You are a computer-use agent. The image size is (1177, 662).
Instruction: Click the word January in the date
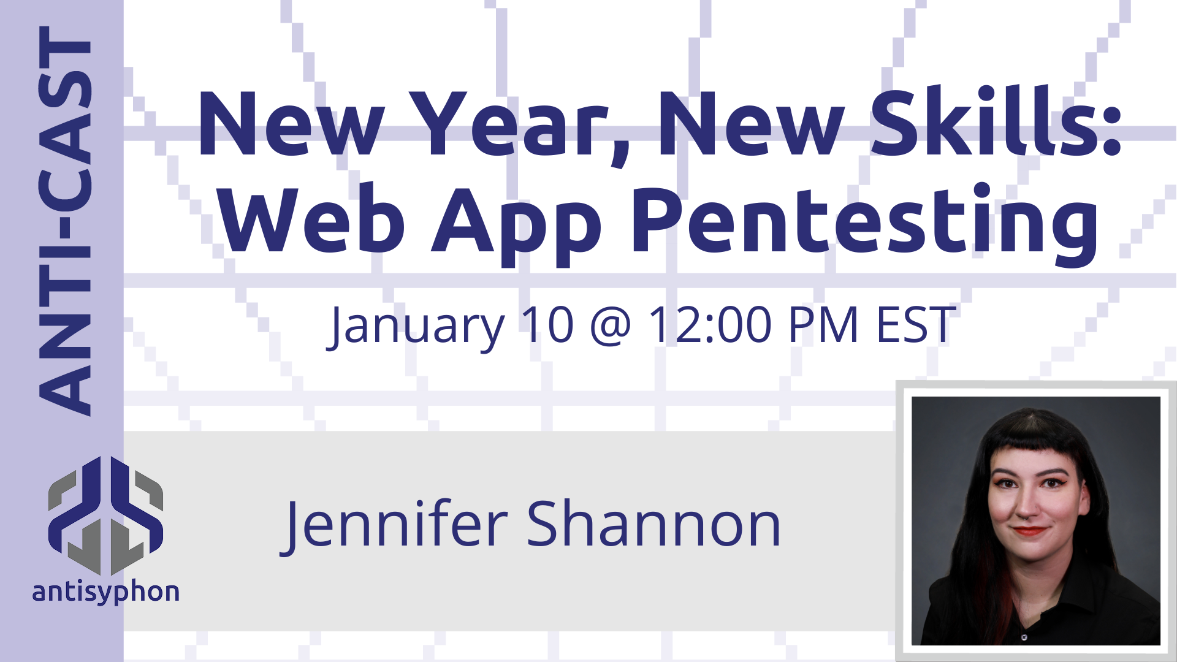coord(417,327)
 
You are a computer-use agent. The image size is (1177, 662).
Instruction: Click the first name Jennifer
coord(395,524)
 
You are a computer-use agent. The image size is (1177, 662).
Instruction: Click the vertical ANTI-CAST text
coord(64,221)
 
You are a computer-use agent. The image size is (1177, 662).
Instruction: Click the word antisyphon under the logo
coord(105,592)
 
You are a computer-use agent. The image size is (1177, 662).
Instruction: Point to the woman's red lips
coord(1030,531)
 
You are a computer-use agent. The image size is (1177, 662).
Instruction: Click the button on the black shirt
coord(1024,637)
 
